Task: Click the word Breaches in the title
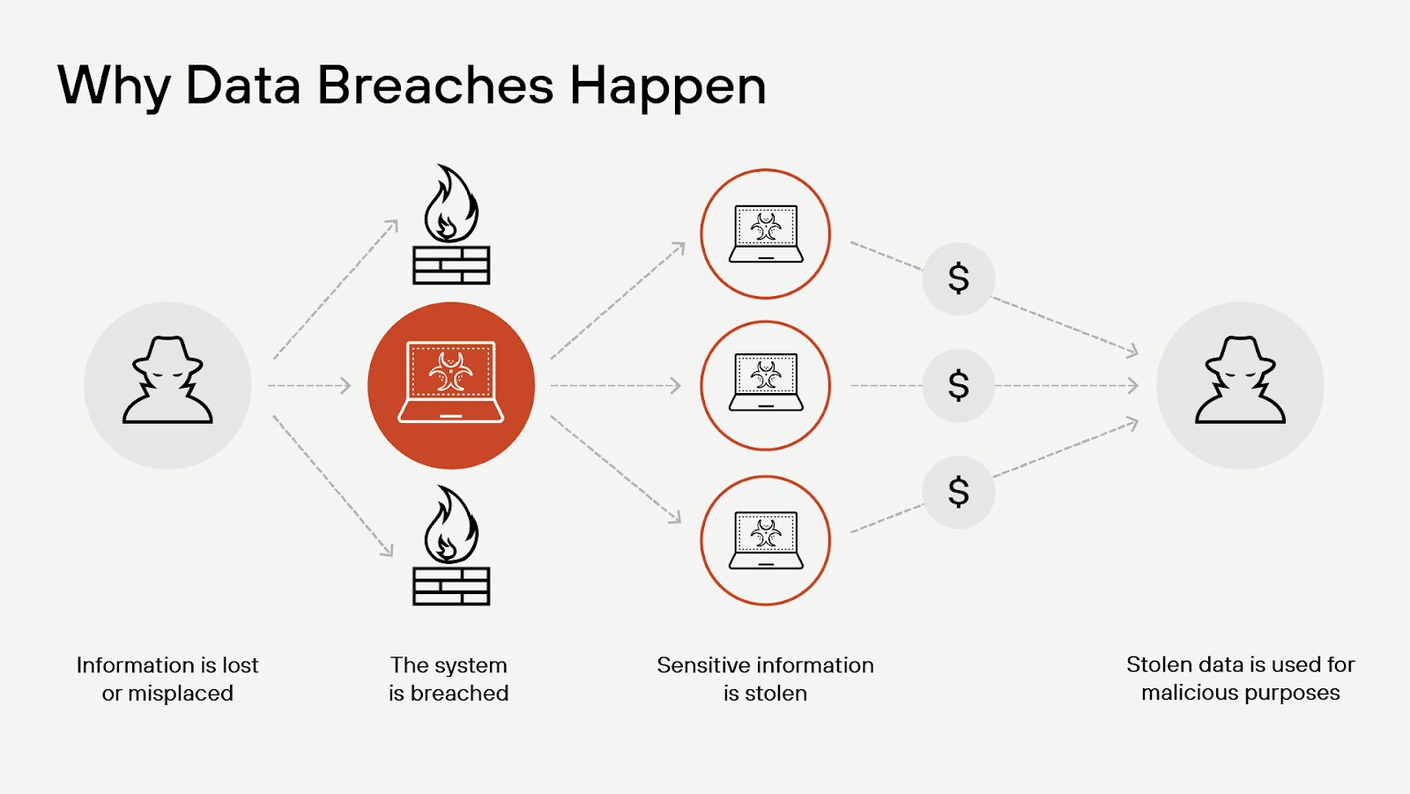(435, 85)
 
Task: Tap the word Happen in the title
(668, 87)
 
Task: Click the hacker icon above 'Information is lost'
(167, 381)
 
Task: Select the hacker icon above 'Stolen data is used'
(1240, 381)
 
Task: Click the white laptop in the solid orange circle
(451, 382)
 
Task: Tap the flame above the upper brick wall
(450, 204)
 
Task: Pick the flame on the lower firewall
(450, 526)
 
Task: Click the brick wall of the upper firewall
(451, 264)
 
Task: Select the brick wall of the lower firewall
(451, 585)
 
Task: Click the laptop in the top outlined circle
(766, 234)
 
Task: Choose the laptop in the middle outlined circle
(766, 382)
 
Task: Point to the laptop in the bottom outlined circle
(766, 539)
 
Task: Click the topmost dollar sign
(959, 278)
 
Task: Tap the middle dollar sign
(959, 385)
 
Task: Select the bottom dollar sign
(959, 492)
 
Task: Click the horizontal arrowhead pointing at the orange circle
(346, 385)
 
